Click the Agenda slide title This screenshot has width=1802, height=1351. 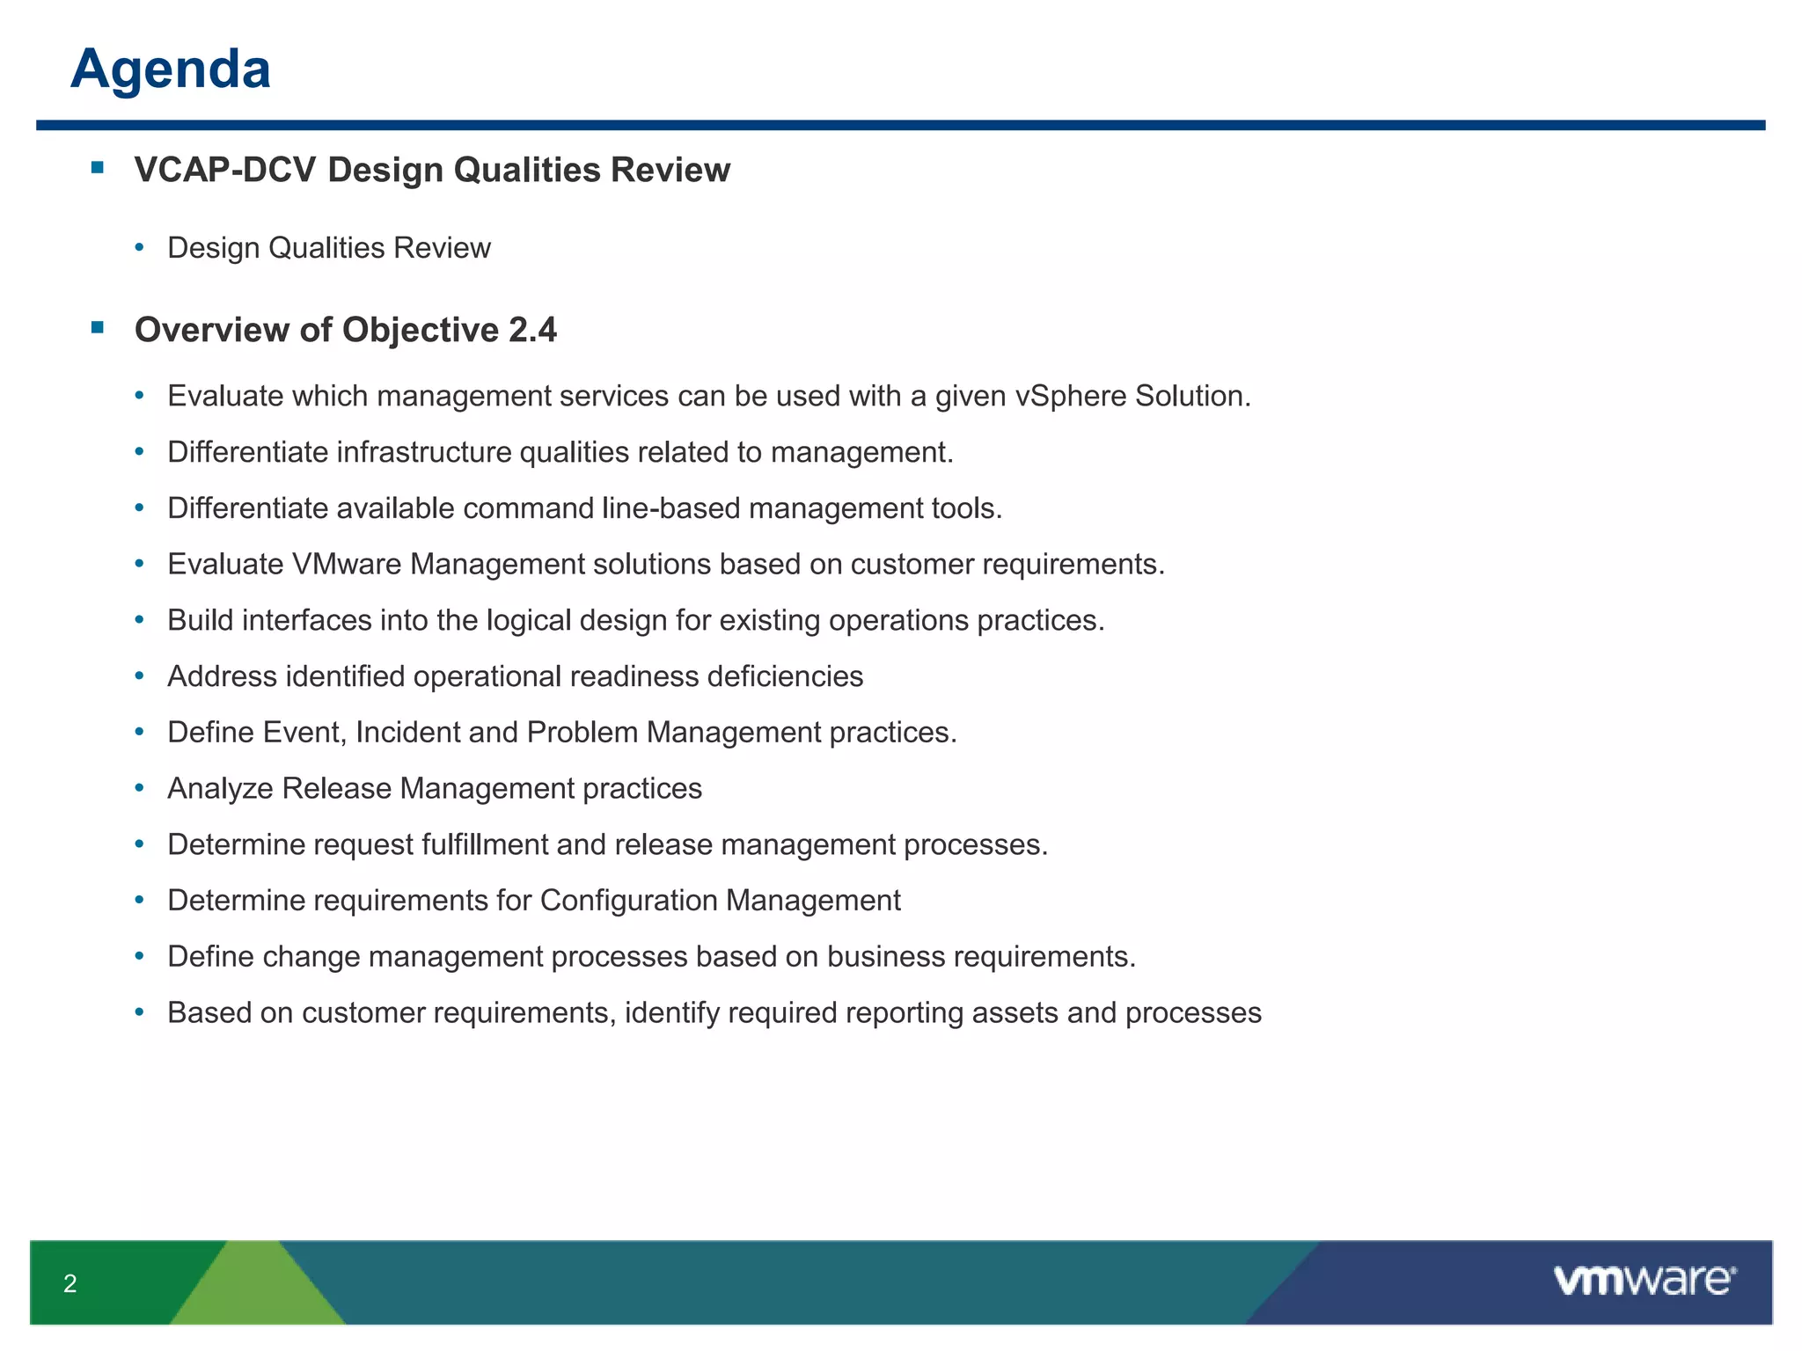click(x=171, y=69)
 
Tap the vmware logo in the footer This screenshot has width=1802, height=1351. click(x=1644, y=1281)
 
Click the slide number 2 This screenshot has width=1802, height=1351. click(x=70, y=1284)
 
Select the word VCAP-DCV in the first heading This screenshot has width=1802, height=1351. click(x=225, y=170)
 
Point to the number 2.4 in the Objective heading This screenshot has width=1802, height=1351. click(x=532, y=330)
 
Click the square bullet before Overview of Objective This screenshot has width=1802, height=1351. click(x=98, y=328)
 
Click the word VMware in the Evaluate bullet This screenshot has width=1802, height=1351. click(x=347, y=564)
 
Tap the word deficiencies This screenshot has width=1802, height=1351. click(x=785, y=676)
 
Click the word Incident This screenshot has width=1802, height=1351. click(x=407, y=733)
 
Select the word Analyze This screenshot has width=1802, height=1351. click(x=221, y=789)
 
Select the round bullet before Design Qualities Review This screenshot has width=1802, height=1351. click(x=139, y=249)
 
